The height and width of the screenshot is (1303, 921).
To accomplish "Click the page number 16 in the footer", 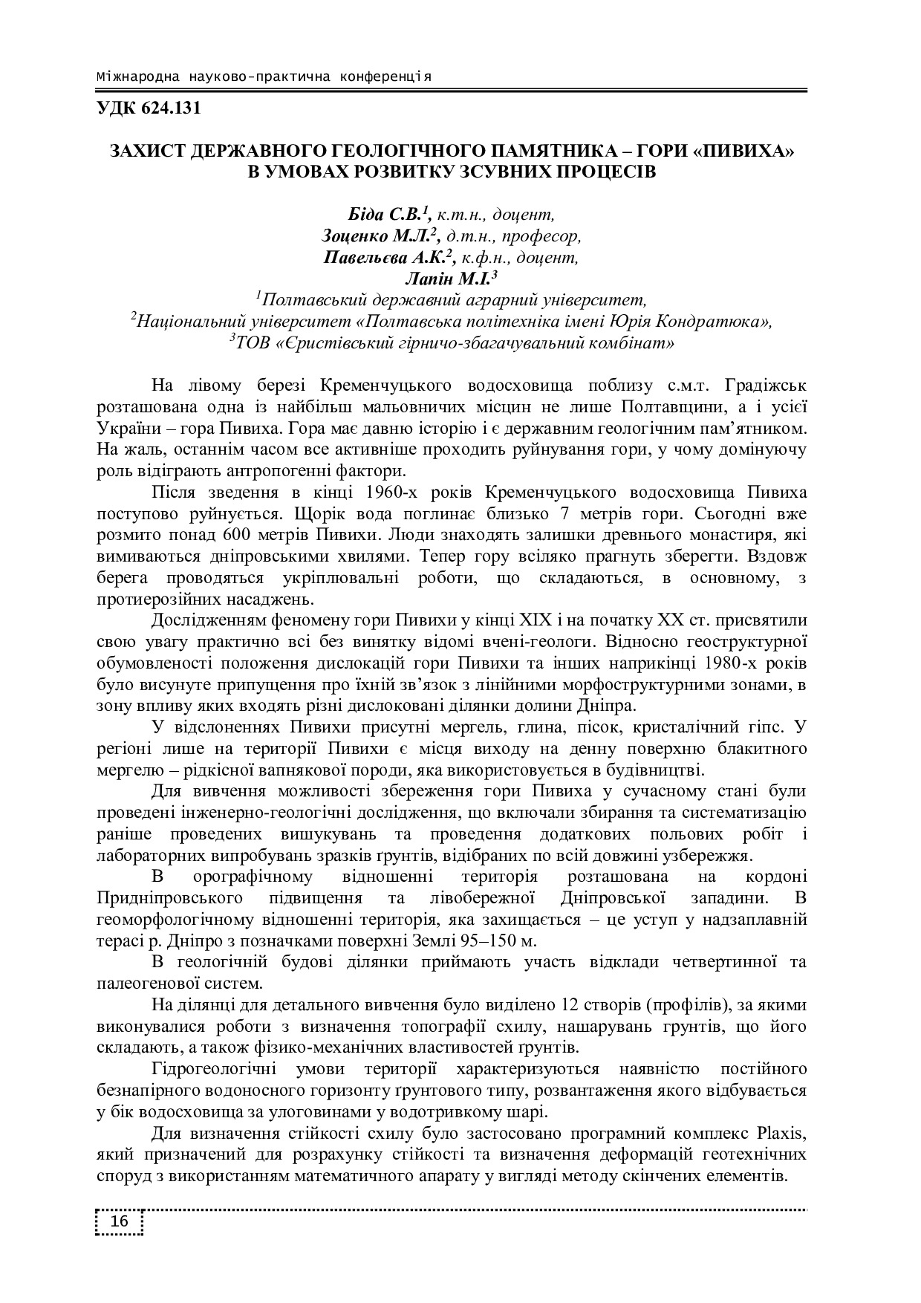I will click(120, 1222).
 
